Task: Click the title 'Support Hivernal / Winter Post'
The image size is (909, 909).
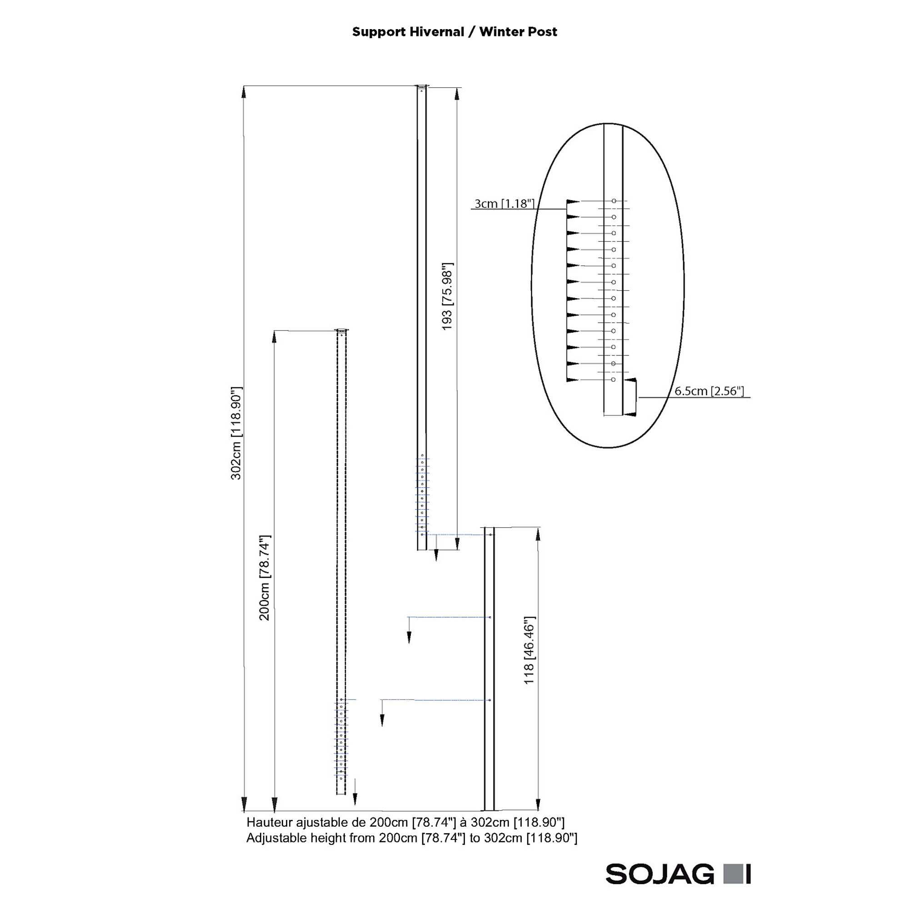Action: click(x=454, y=32)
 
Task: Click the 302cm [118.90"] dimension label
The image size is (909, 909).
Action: click(x=236, y=433)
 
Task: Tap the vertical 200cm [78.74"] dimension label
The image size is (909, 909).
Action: click(x=265, y=578)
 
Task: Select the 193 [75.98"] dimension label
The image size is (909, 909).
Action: click(x=447, y=296)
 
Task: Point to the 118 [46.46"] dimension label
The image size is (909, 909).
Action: click(x=529, y=650)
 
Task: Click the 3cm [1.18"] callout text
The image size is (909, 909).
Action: click(x=504, y=204)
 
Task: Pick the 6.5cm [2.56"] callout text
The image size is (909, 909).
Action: click(x=709, y=391)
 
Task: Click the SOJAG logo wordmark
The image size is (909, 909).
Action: click(x=659, y=874)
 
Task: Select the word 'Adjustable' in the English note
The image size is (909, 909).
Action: click(x=278, y=838)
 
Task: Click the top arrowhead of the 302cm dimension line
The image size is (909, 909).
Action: click(x=244, y=92)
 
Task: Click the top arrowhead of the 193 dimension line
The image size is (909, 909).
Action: click(x=457, y=94)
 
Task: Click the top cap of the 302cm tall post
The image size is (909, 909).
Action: click(x=422, y=86)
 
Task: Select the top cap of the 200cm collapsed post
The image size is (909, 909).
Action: click(x=342, y=330)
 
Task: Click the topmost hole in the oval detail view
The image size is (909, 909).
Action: click(x=614, y=201)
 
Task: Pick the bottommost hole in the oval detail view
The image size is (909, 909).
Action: click(x=613, y=380)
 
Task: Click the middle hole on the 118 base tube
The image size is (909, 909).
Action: click(x=490, y=617)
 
